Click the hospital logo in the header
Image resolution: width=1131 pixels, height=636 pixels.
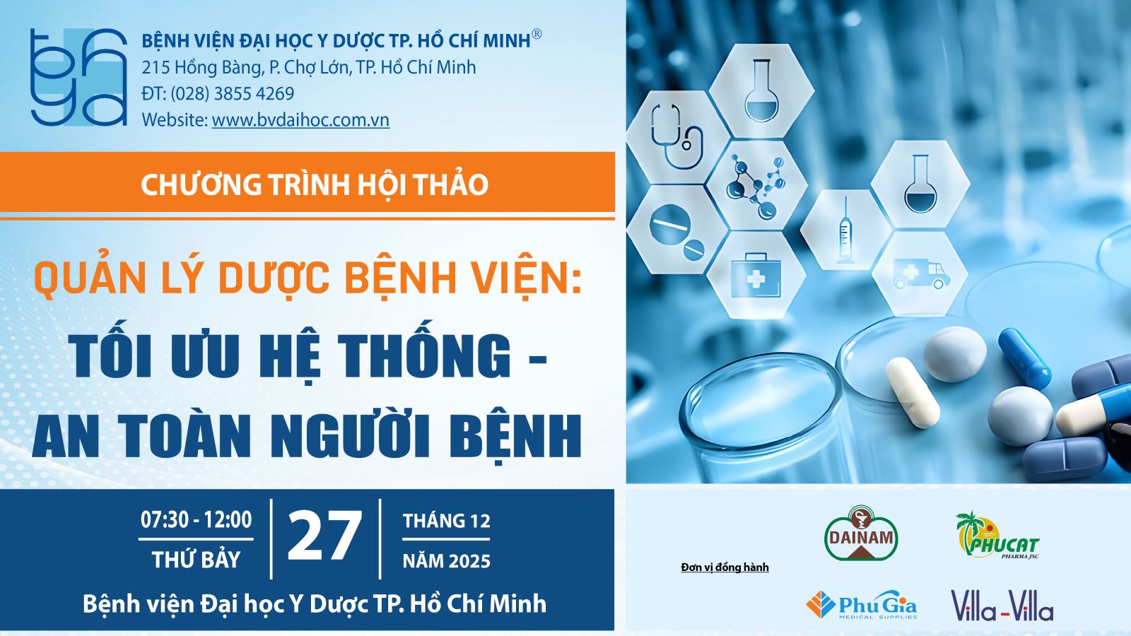(78, 77)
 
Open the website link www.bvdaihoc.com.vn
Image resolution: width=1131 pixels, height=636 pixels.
(300, 120)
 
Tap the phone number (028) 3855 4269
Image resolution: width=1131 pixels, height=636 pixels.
(233, 94)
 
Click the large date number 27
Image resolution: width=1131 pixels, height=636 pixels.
(325, 536)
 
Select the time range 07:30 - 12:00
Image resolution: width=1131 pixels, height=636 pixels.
(196, 520)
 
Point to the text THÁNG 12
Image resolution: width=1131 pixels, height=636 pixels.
(446, 521)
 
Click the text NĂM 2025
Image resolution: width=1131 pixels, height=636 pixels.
(446, 561)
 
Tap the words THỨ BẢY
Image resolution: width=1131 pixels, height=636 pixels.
(196, 560)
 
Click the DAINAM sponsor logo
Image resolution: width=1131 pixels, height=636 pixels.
(861, 534)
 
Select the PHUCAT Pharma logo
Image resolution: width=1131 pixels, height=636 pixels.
(997, 535)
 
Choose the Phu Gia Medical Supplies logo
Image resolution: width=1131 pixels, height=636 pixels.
(862, 605)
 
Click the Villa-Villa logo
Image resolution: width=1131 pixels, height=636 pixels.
(1002, 605)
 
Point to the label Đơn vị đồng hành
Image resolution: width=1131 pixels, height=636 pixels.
(725, 567)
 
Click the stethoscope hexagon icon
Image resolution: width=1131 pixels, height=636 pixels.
(676, 137)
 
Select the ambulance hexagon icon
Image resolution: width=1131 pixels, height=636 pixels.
(920, 274)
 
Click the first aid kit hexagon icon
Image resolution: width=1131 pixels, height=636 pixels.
(756, 276)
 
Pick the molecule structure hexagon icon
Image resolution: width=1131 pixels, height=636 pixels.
(756, 186)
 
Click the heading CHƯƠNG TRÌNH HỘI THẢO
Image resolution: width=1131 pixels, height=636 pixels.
(315, 184)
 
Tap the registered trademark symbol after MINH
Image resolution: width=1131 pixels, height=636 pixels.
(537, 35)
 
